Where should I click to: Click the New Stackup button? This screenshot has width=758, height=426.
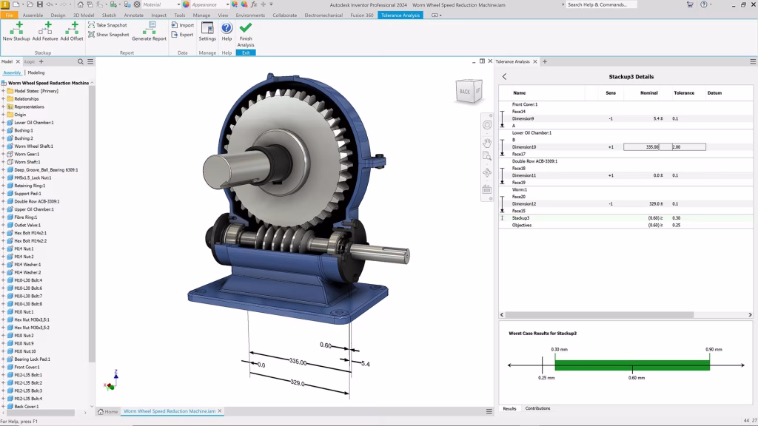[16, 30]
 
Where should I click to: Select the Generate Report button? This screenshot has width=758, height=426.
[149, 30]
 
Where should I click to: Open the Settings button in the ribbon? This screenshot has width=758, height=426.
[207, 30]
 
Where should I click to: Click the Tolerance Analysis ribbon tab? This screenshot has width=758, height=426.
[400, 15]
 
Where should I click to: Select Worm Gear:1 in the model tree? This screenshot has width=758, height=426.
[27, 154]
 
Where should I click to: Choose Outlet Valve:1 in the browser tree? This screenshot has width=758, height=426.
[29, 225]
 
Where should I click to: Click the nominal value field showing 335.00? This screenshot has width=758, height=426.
[642, 147]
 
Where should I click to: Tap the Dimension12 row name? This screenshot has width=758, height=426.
[523, 203]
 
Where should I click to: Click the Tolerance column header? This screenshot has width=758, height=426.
[684, 93]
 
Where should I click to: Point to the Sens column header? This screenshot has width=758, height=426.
[610, 93]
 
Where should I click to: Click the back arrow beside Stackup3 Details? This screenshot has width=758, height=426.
[504, 77]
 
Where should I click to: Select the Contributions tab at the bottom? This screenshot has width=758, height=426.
[537, 408]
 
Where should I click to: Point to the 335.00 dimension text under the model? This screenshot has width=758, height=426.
[298, 362]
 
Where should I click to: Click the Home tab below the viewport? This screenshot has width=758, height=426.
[108, 411]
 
